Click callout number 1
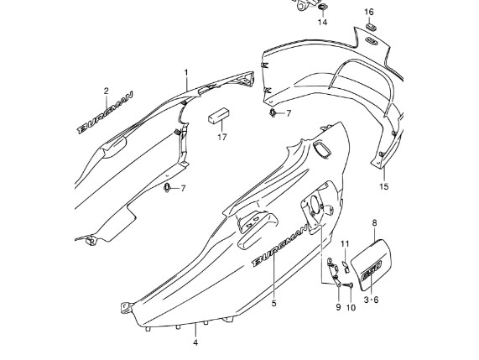[186, 73]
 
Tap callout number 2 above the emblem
[106, 91]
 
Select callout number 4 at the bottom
[195, 343]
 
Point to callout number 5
[273, 303]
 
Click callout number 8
[374, 223]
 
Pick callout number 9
[338, 307]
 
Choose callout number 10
[351, 307]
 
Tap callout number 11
[345, 243]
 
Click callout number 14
[322, 22]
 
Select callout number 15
[384, 186]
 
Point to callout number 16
[369, 12]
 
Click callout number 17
[222, 137]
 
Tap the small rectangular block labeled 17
[219, 115]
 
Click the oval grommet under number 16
[371, 26]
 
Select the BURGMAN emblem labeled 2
[105, 112]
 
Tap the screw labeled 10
[348, 284]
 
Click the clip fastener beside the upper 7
[273, 112]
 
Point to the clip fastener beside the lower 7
[167, 187]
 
